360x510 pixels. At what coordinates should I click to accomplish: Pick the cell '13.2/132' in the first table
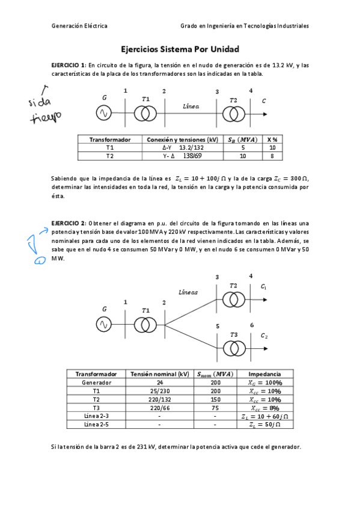click(191, 147)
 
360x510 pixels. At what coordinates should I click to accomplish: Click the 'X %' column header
click(272, 139)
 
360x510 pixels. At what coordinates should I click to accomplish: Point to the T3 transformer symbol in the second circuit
click(234, 348)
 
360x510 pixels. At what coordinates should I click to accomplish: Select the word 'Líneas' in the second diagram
click(188, 293)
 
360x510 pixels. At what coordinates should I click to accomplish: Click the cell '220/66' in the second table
click(159, 407)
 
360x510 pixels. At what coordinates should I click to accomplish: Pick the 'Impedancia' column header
click(265, 373)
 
